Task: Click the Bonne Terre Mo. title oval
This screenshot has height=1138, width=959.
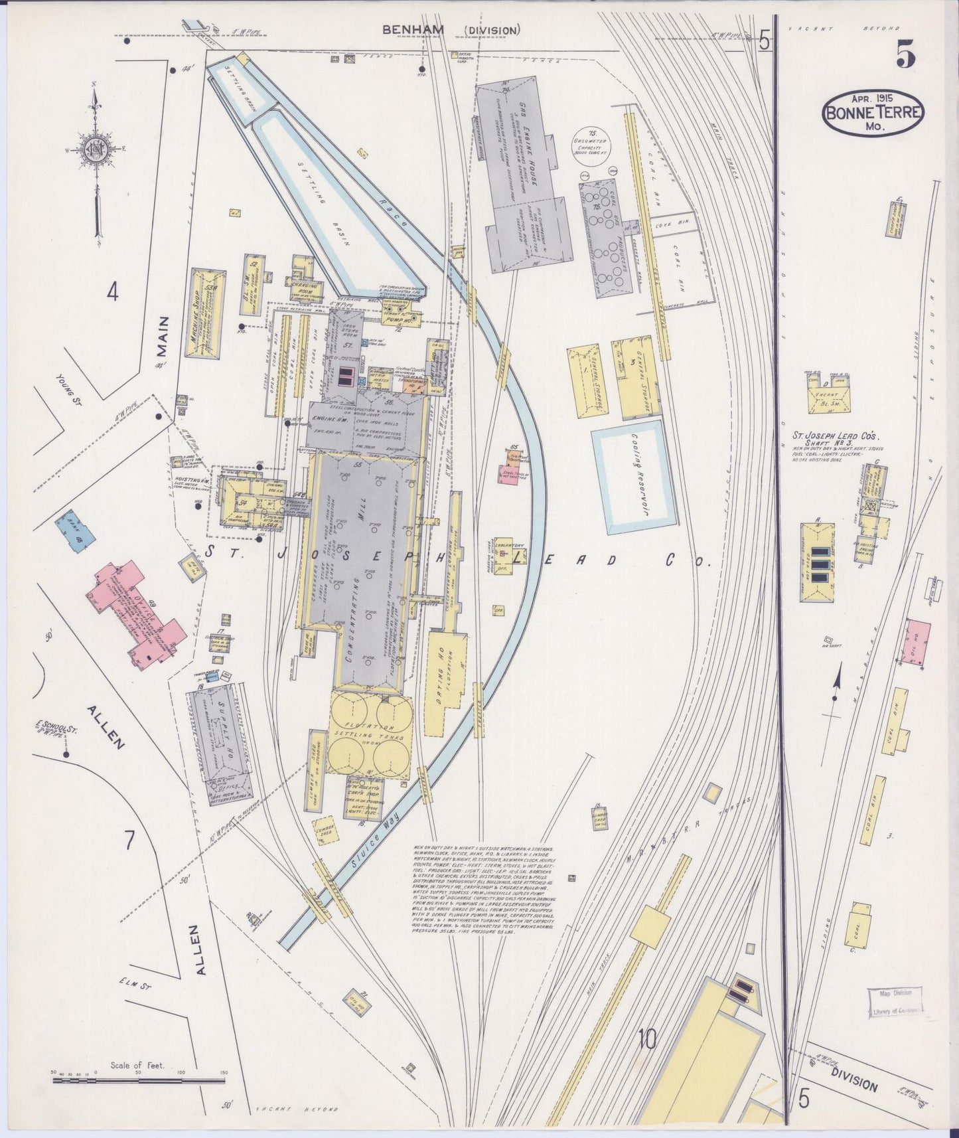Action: click(x=873, y=113)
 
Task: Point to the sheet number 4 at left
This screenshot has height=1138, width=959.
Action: click(x=113, y=292)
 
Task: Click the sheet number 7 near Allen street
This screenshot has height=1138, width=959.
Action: click(x=129, y=840)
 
